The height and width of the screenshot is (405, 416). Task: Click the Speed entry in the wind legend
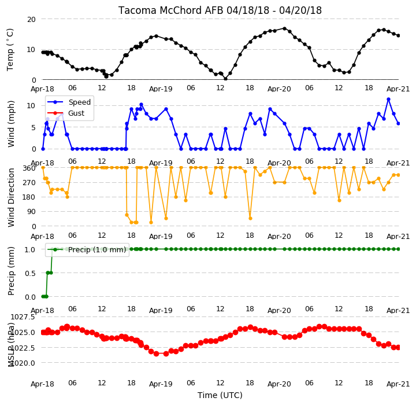point(80,102)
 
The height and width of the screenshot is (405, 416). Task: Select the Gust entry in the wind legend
point(76,113)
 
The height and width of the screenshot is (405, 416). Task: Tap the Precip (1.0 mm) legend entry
point(97,250)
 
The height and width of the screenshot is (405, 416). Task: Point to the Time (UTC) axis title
point(220,395)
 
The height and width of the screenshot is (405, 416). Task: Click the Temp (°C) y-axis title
point(10,50)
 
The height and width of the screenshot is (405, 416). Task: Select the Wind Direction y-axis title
point(11,197)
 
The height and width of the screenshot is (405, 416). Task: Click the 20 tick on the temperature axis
point(31,20)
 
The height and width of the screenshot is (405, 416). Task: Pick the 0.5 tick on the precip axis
point(30,273)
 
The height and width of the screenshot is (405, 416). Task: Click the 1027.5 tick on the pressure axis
point(23,317)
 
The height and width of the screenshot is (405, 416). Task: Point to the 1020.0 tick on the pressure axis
point(23,363)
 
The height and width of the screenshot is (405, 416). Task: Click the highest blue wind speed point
point(389,100)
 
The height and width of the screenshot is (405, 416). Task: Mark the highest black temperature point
point(285,28)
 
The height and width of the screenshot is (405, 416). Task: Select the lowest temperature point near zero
point(225,79)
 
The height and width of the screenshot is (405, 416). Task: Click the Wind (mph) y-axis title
point(11,124)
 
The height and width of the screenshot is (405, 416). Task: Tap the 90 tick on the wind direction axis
point(32,212)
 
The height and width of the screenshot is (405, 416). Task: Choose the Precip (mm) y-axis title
point(11,271)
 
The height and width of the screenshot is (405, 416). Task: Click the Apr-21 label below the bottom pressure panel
point(398,384)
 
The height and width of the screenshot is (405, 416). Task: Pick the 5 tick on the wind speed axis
point(34,127)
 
